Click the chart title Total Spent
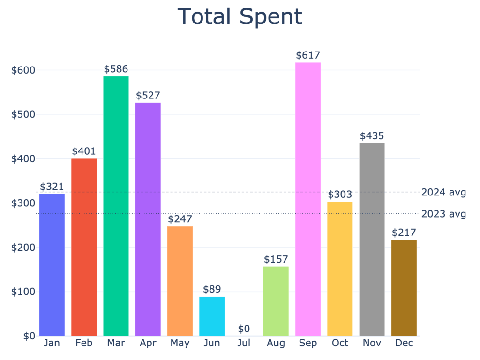tap(240, 17)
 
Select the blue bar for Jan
tap(52, 264)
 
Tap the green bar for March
tap(116, 206)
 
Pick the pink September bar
tap(308, 199)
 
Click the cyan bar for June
tap(212, 316)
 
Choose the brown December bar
tap(404, 288)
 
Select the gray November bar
tap(372, 239)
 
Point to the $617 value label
tap(308, 55)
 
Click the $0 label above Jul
tap(244, 329)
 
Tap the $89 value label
tap(212, 289)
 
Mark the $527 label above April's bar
tap(148, 96)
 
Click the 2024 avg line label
tap(443, 192)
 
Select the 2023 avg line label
tap(443, 214)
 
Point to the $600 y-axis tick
tap(23, 70)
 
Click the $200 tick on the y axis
tap(23, 247)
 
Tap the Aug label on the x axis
tap(276, 343)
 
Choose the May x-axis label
tap(180, 343)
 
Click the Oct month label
tap(340, 343)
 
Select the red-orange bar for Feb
tap(84, 247)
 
